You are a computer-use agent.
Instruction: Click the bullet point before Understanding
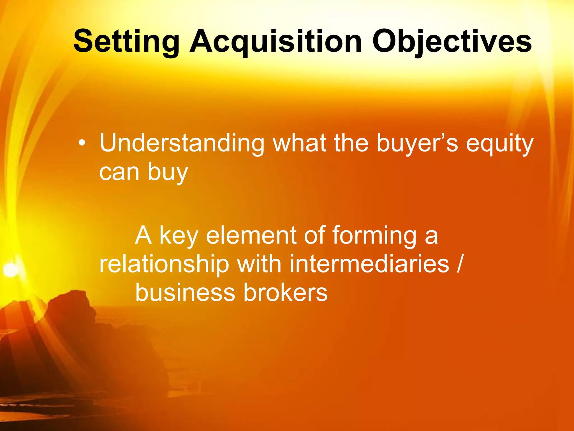[82, 143]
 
